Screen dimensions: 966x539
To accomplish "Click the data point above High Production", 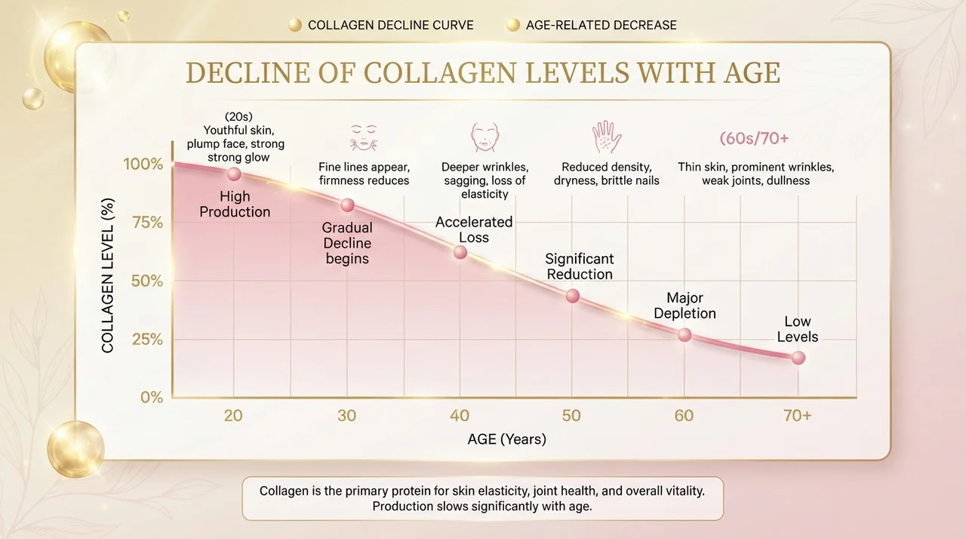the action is point(234,174).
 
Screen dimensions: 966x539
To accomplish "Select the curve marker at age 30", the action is point(347,205).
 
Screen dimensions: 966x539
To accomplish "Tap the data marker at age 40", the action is point(460,252).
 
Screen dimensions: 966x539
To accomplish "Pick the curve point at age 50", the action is point(572,296).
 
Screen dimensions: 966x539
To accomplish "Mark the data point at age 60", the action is point(685,334).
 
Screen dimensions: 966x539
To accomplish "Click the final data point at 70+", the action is point(798,358).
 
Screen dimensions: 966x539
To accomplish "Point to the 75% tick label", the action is point(147,223).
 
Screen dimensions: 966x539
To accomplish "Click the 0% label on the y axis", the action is point(152,397).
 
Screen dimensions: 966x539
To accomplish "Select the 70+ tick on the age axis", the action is point(798,415).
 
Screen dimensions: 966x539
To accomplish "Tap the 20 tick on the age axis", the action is point(233,415).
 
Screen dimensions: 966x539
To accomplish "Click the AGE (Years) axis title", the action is point(506,439).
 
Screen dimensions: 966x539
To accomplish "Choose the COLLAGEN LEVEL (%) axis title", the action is point(107,276).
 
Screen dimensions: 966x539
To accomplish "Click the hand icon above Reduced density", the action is point(606,137).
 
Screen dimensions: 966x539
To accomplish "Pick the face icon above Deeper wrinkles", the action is point(485,137).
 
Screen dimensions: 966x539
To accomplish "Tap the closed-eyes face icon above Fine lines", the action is point(364,137).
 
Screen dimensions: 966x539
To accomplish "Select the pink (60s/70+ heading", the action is point(754,138).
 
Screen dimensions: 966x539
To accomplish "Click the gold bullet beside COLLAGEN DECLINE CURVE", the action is point(295,25).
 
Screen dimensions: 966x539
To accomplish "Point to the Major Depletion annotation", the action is point(685,305).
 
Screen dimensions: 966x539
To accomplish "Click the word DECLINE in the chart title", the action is point(248,72).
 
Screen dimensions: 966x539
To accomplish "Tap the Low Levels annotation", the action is point(798,329).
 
